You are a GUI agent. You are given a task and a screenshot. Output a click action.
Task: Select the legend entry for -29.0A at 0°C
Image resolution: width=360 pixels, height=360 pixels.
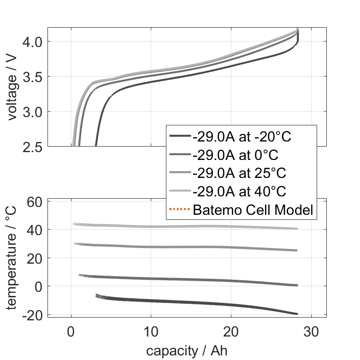tap(236, 155)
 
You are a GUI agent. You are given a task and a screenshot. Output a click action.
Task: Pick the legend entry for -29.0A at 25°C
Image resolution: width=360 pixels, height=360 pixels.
tap(239, 173)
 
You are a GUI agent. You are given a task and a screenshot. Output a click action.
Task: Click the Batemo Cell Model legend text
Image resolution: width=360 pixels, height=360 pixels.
tap(253, 210)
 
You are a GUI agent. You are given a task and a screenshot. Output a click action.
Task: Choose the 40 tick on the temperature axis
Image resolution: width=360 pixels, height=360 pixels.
tap(35, 230)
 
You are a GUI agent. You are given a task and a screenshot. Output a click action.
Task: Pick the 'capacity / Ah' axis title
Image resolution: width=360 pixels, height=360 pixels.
tap(187, 351)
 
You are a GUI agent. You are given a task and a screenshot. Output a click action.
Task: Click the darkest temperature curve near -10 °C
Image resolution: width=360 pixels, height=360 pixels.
tap(152, 301)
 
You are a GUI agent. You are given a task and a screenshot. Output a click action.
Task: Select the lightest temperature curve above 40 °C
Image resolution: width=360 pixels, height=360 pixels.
tap(184, 226)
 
